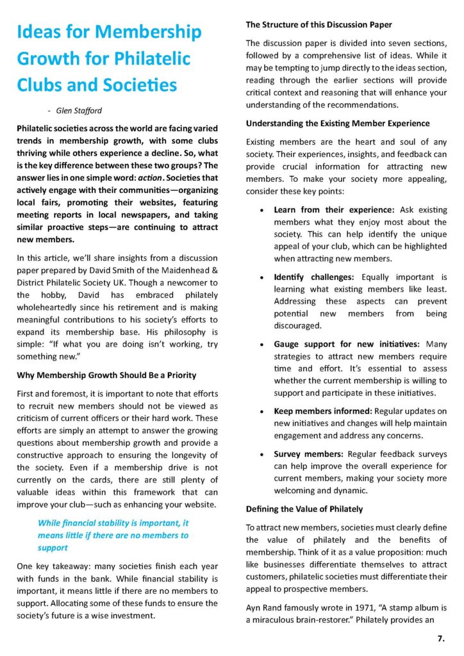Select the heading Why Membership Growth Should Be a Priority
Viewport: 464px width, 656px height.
[106, 375]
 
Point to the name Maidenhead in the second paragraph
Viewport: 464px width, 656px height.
[176, 270]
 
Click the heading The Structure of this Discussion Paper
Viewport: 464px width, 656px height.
[319, 25]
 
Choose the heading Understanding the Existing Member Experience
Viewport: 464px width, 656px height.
[338, 123]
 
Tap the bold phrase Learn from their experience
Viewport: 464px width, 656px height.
[334, 209]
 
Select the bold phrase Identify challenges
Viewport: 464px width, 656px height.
[315, 277]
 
